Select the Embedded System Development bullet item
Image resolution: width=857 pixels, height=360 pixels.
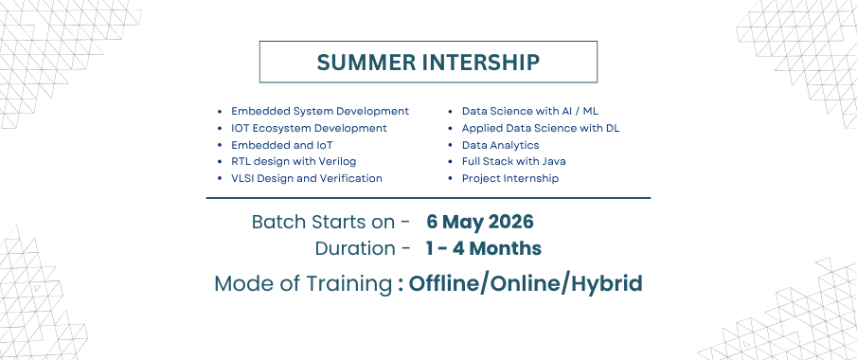point(320,111)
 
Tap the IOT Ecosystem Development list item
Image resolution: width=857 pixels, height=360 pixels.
point(310,128)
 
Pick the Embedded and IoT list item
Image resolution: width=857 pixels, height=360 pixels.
point(282,145)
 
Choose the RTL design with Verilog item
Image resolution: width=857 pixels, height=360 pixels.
point(295,161)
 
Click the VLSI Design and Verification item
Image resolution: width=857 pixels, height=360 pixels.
point(307,178)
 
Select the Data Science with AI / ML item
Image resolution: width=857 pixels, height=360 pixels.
point(530,111)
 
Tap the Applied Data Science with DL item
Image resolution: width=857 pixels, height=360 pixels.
point(541,128)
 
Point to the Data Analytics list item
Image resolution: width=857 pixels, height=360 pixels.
point(501,145)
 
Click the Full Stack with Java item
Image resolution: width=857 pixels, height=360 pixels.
point(514,161)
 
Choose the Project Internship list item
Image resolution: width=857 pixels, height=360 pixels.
point(510,178)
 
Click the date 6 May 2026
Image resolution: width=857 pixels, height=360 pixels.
point(480,222)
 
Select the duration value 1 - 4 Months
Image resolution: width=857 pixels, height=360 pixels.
point(484,248)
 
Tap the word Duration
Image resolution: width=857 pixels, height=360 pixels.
point(355,248)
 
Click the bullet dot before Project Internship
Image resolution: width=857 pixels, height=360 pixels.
point(451,179)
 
